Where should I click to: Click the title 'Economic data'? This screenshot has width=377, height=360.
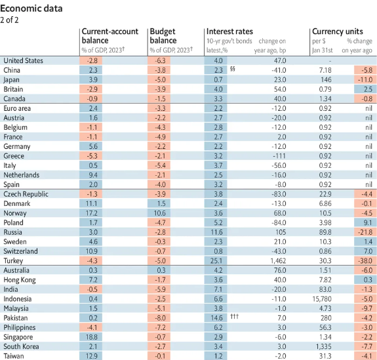point(31,9)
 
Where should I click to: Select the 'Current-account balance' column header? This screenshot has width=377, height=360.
point(110,36)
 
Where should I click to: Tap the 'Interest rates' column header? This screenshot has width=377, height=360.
point(229,31)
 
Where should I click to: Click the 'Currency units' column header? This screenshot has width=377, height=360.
point(338,31)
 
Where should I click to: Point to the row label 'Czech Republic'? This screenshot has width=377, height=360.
point(26,194)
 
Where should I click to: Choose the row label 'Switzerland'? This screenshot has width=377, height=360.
point(20,251)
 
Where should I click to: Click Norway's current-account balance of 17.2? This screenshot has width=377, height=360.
point(92,213)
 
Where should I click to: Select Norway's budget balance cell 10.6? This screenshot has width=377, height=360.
point(159,213)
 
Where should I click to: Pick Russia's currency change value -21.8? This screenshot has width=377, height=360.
point(365,232)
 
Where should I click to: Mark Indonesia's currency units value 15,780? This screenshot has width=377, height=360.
point(322,299)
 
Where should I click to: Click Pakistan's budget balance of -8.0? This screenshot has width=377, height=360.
point(161,318)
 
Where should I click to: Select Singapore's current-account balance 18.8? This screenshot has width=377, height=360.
point(92,337)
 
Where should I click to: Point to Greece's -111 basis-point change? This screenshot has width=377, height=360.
point(279,156)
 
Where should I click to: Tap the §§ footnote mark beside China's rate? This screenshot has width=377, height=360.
point(232,69)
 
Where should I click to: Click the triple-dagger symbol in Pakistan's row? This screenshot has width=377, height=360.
point(235,316)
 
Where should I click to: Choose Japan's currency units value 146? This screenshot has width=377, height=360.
point(326,80)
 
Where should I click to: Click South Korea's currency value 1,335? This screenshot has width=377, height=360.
point(323,346)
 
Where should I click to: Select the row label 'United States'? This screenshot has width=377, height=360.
point(23,60)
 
